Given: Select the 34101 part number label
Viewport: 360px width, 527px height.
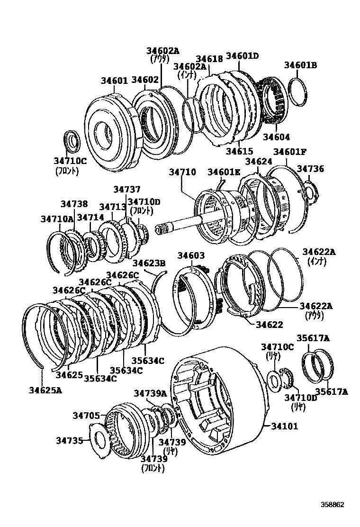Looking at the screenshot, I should (x=284, y=426).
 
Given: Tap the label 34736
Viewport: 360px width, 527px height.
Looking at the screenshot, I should (x=310, y=169).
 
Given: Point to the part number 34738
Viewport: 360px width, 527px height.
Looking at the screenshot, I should (x=74, y=204).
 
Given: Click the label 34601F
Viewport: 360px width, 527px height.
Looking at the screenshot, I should (x=290, y=152).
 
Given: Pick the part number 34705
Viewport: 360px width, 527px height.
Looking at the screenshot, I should (x=86, y=416).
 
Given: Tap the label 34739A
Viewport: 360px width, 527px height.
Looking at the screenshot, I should (x=150, y=393).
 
